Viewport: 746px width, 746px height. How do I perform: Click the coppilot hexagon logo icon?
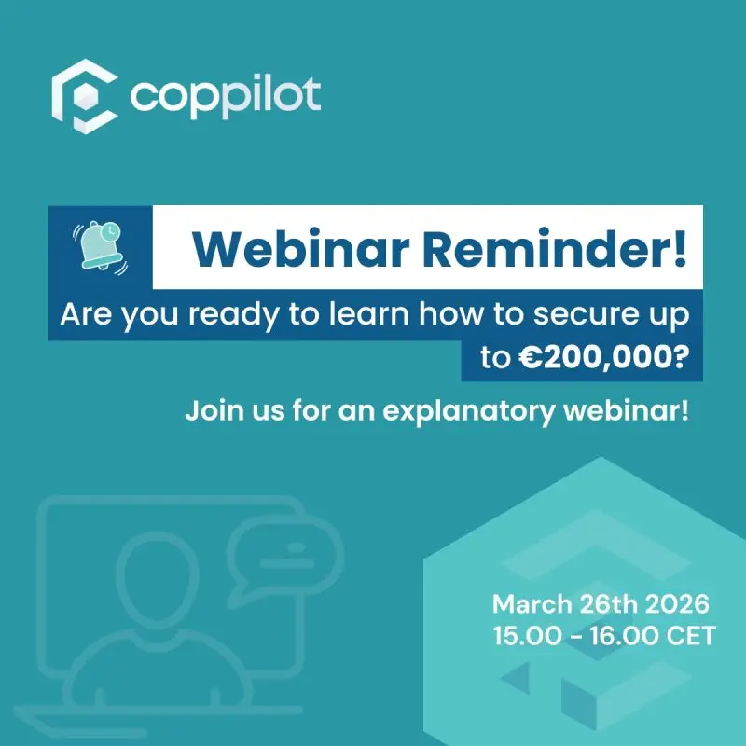[x=85, y=96]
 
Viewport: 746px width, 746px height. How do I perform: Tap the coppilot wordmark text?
[x=226, y=96]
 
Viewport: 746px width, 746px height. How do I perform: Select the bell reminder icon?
[x=101, y=247]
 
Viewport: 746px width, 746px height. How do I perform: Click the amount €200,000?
[x=603, y=357]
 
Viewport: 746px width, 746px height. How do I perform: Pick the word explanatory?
[x=469, y=411]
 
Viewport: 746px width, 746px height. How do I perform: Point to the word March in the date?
[x=532, y=604]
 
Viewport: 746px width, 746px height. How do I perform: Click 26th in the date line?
[x=609, y=604]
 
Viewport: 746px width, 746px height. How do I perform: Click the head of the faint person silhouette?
[x=157, y=579]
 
